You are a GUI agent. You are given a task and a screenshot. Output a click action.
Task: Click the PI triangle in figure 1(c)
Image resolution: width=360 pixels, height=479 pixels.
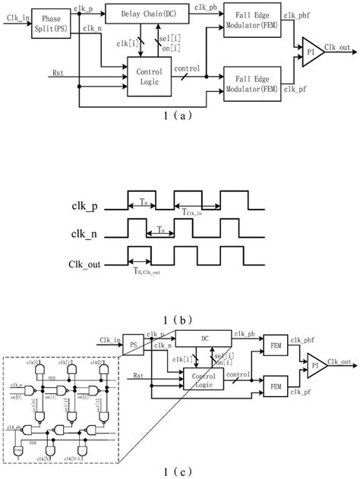[x=313, y=367]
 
